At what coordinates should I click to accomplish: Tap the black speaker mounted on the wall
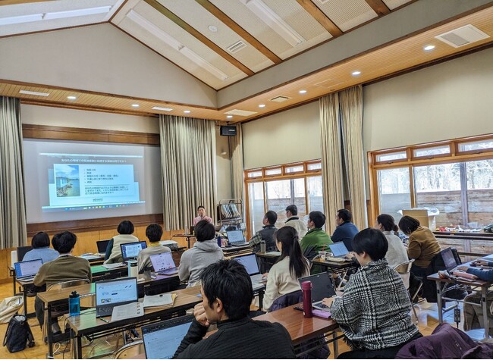(x=228, y=130)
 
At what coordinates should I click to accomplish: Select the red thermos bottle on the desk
(x=306, y=298)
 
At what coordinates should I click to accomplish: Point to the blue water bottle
(x=74, y=303)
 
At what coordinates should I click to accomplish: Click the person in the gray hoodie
(x=201, y=254)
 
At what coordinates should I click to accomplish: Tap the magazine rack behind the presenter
(x=229, y=213)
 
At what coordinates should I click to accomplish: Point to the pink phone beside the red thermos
(x=322, y=313)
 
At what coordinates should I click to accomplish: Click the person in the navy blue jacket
(x=345, y=230)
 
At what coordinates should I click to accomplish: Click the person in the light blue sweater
(x=42, y=249)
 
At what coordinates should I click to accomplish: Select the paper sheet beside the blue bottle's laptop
(x=127, y=311)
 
